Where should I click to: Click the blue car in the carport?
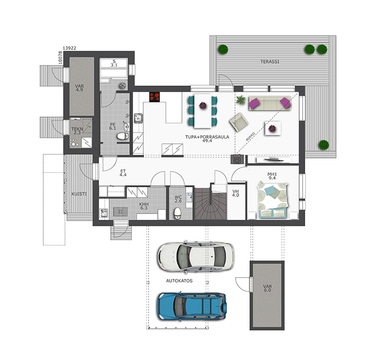click(192, 306)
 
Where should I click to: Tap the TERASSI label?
click(270, 62)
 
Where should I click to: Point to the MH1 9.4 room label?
click(272, 176)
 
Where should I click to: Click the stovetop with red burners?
click(155, 96)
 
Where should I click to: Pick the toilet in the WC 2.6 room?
click(178, 213)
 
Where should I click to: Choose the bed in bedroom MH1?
click(273, 200)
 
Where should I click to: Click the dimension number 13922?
click(70, 48)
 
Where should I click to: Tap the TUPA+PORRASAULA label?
click(207, 137)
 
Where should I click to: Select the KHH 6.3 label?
click(144, 206)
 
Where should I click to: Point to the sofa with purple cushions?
click(270, 103)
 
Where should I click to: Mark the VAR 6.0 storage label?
click(267, 288)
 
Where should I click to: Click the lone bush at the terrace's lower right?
click(324, 145)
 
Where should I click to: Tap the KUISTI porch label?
click(79, 194)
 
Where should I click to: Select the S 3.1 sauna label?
click(114, 63)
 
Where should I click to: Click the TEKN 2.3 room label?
click(77, 131)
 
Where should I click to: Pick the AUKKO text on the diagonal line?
click(250, 137)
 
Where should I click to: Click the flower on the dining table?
click(203, 106)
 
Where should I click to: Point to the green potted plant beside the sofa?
click(240, 100)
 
